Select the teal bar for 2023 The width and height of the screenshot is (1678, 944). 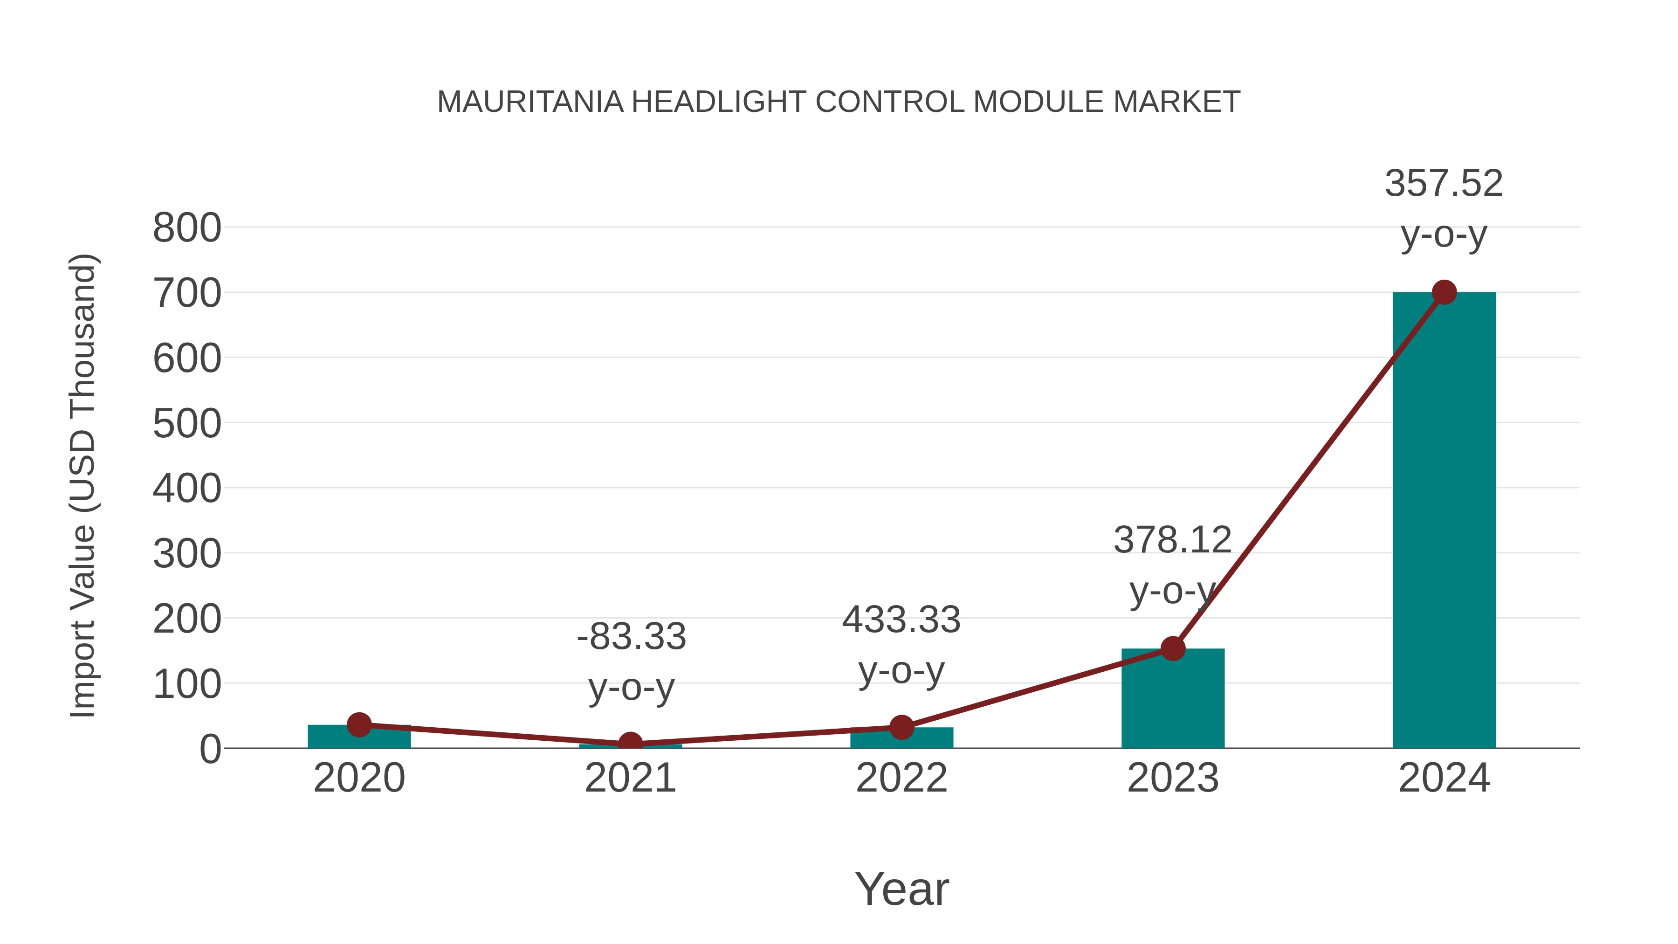[1173, 700]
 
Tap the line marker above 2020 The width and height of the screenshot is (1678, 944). [359, 724]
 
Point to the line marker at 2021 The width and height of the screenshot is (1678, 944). [630, 744]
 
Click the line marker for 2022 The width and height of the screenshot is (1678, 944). [901, 727]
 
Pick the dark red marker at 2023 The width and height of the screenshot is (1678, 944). [1173, 648]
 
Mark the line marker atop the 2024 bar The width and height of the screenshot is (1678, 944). [1444, 292]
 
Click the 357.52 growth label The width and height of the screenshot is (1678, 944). [1444, 184]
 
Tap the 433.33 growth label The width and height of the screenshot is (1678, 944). [901, 620]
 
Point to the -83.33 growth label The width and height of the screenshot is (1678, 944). [631, 636]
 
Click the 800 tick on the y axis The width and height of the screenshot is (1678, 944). [187, 229]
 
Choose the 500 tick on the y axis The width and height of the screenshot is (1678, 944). [187, 424]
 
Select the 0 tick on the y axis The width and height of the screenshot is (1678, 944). [210, 749]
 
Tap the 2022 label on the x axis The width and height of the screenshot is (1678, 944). [901, 778]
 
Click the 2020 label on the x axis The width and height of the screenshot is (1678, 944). [359, 778]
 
